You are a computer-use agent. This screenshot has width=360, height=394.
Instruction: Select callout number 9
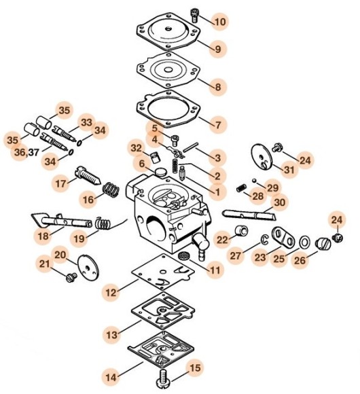[217, 49]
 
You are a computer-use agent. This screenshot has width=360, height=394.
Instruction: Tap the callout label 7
[217, 125]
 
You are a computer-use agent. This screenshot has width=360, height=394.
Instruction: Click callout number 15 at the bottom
[195, 369]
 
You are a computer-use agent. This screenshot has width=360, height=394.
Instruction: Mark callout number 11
[215, 270]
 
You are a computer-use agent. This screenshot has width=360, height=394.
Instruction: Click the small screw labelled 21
[69, 277]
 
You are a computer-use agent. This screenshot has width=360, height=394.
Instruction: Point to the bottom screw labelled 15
[163, 376]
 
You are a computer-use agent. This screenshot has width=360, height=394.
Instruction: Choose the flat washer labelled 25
[304, 242]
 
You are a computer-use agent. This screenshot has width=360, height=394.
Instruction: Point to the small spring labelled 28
[240, 187]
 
